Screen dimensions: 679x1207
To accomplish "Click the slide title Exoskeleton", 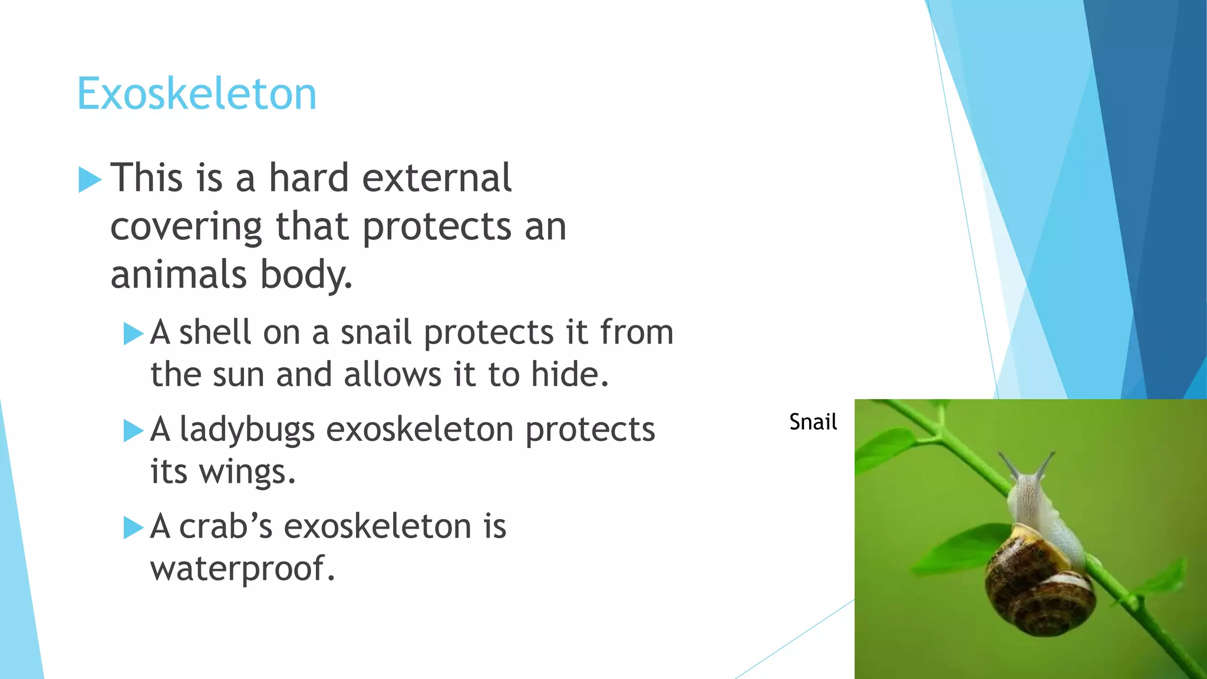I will tap(197, 94).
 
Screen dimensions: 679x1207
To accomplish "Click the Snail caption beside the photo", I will tap(813, 422).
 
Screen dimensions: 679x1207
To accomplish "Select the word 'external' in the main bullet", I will tap(437, 177).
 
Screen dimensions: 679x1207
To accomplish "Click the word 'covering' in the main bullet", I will tap(186, 227).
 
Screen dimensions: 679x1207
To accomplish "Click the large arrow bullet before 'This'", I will tap(90, 180).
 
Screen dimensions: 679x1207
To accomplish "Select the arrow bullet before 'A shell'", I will tap(133, 334).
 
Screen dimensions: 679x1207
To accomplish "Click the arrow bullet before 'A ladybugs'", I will tap(133, 431).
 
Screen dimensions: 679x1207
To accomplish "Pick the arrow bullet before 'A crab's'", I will tap(133, 528).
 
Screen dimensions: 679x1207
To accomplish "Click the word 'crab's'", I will tap(226, 526).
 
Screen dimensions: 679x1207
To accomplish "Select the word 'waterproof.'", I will tap(242, 569).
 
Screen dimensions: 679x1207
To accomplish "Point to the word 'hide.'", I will tap(569, 374).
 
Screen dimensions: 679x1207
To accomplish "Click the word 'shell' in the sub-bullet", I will tap(215, 332).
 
